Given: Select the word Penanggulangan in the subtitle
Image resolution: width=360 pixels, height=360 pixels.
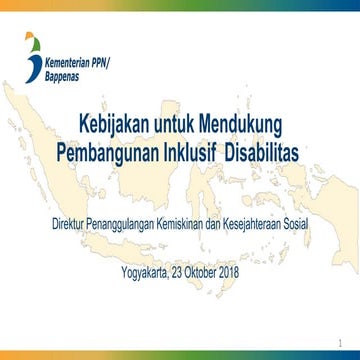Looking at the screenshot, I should click(123, 221).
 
